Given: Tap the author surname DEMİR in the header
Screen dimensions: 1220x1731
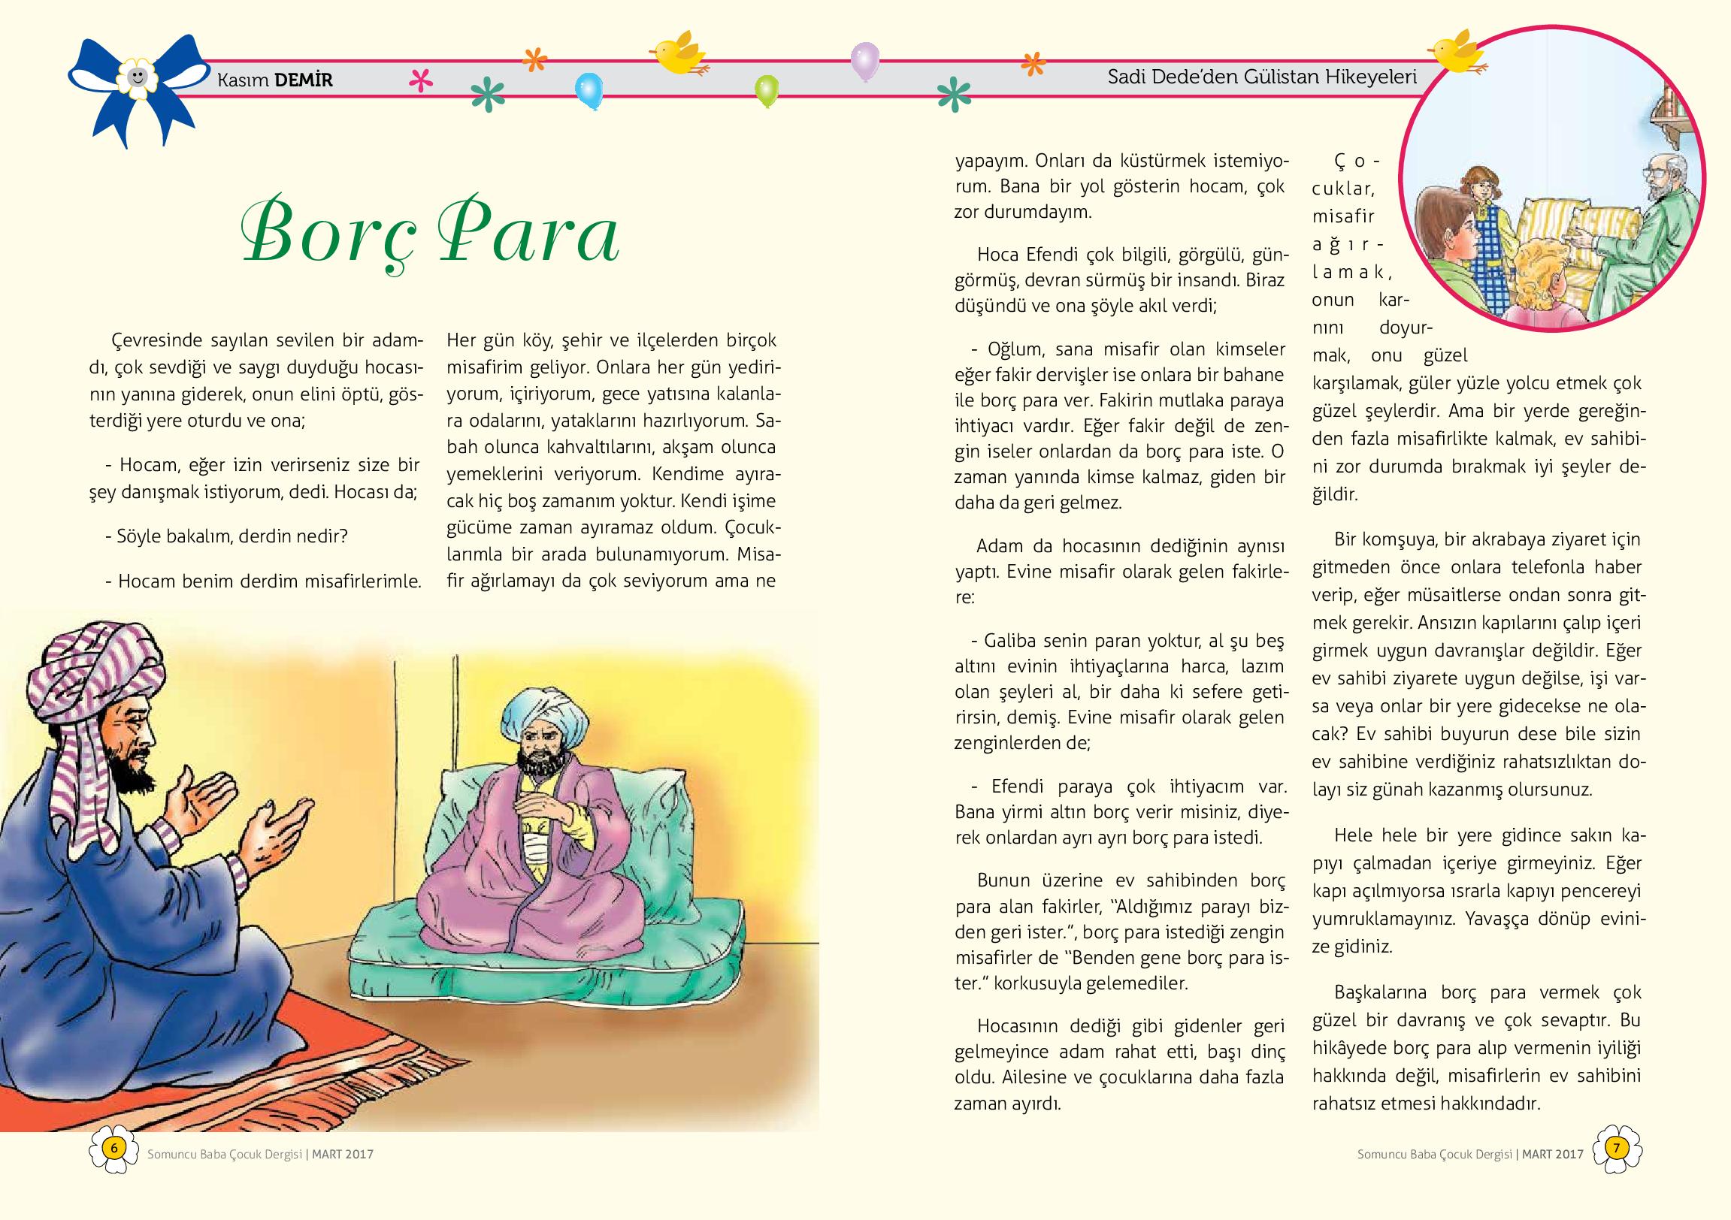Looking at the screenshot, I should tap(303, 80).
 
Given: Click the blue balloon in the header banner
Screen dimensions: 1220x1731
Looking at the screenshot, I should tap(588, 89).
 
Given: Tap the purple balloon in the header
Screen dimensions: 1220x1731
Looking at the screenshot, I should tap(864, 59).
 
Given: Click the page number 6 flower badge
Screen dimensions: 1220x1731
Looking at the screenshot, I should tap(113, 1149).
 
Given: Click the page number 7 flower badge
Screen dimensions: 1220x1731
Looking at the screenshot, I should tap(1616, 1149).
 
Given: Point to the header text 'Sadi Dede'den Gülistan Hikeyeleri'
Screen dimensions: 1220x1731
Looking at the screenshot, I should tap(1261, 77).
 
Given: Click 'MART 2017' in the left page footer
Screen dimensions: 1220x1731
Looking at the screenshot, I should tap(343, 1155).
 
